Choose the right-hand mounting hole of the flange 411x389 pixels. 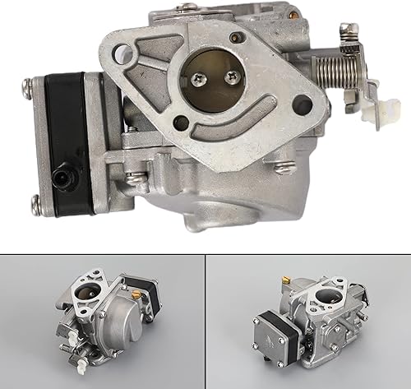[x=302, y=105]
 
